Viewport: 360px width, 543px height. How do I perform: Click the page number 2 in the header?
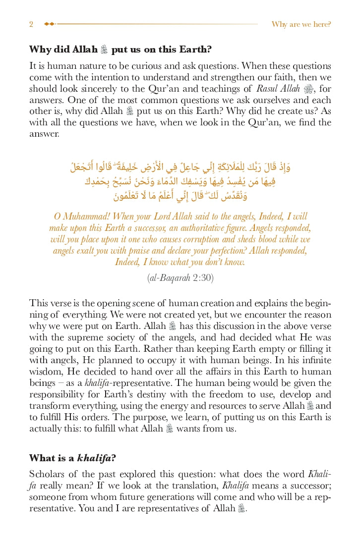click(31, 24)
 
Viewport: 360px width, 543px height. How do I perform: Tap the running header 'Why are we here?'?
click(301, 24)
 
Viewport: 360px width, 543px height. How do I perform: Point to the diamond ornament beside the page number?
click(49, 24)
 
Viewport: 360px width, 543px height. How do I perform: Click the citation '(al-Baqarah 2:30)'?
click(180, 278)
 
